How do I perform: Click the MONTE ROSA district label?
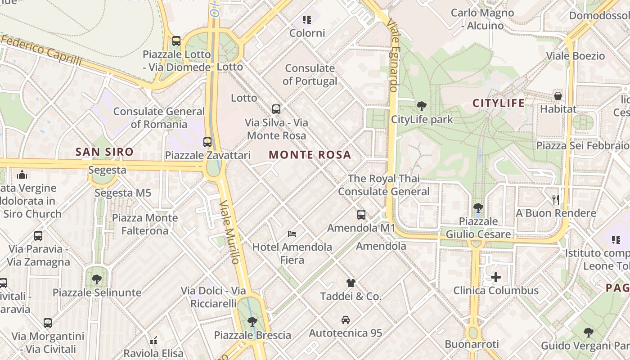[310, 155]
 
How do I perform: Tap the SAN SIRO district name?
[104, 152]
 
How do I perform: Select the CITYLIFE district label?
[498, 103]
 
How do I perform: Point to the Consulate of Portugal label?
[310, 75]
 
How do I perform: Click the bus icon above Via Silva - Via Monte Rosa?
[276, 109]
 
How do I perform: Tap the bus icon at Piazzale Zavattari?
[207, 142]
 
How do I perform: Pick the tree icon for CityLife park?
[422, 106]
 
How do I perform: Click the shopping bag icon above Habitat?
[558, 96]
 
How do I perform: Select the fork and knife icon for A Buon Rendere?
[556, 199]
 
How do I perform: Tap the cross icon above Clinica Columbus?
[495, 277]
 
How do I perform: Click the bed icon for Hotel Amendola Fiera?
[292, 234]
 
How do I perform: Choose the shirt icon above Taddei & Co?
[351, 283]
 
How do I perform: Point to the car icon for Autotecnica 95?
[346, 320]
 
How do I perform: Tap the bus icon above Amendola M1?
[361, 215]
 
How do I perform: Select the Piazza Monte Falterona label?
[145, 224]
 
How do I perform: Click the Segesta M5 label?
[122, 193]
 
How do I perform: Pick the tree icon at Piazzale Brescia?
[252, 321]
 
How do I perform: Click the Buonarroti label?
[472, 344]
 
